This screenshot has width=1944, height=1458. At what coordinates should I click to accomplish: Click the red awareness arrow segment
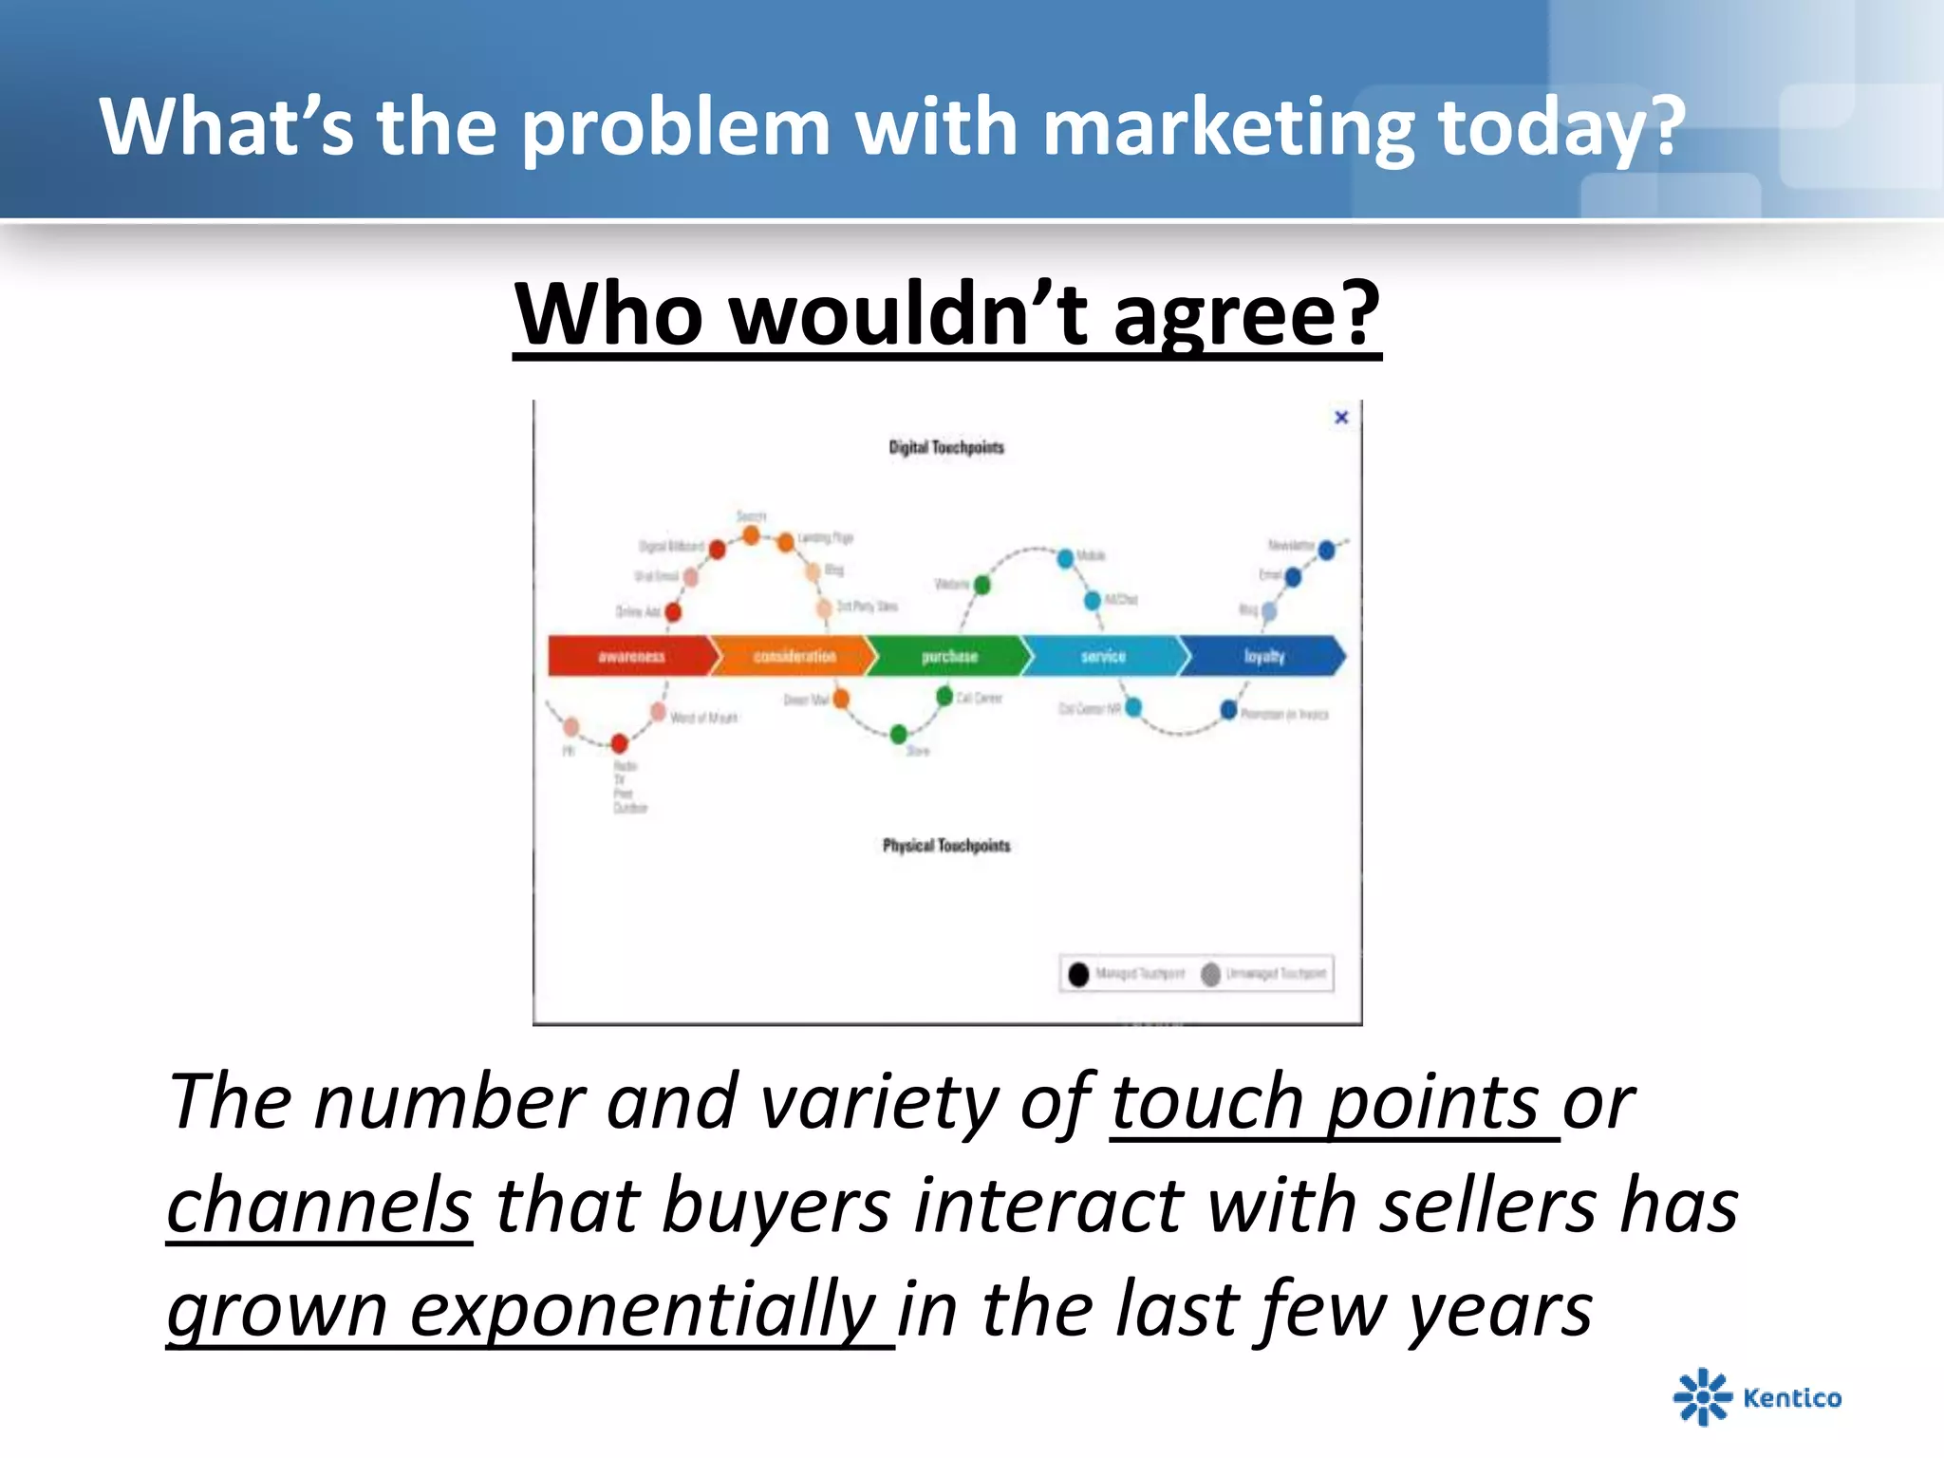(631, 656)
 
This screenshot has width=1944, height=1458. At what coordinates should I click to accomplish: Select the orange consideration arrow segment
(794, 656)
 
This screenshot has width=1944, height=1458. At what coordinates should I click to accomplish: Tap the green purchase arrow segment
(949, 656)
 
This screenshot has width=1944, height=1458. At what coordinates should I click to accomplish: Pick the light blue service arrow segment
(1103, 656)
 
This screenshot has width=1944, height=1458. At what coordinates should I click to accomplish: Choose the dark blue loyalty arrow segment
(1263, 656)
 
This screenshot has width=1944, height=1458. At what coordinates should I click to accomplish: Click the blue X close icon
(1341, 417)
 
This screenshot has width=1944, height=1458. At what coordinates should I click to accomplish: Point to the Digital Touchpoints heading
(945, 447)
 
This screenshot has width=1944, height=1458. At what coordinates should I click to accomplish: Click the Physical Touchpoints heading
(946, 845)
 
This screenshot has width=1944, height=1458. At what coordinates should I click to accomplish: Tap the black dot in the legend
(1078, 974)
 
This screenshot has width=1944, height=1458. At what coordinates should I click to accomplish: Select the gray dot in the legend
(1210, 974)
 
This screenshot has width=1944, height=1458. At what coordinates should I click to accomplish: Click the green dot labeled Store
(899, 733)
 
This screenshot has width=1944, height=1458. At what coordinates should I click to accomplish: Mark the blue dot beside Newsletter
(1327, 550)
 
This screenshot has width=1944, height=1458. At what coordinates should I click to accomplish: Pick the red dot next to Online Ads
(673, 612)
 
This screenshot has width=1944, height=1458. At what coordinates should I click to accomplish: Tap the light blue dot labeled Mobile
(1065, 558)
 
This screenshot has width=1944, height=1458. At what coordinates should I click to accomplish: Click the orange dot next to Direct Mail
(841, 700)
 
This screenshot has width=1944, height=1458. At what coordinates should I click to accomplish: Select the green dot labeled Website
(982, 585)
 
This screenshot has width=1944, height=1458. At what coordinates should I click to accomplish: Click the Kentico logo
(1757, 1396)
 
